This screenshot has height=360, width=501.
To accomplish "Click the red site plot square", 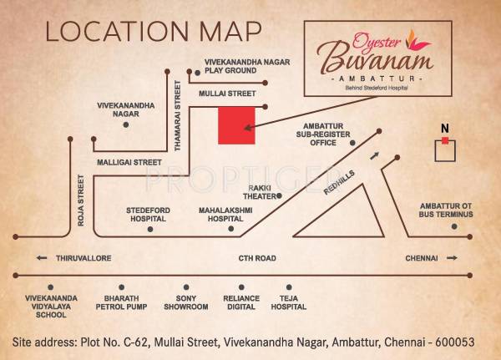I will [236, 125].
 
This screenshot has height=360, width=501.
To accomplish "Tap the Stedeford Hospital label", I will [147, 213].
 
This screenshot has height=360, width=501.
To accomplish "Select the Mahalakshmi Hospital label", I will [225, 213].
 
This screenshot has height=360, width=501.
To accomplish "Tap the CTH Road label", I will [256, 259].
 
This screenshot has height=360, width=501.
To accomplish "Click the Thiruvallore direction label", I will [83, 259].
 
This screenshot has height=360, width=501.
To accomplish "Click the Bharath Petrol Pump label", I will [123, 307].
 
